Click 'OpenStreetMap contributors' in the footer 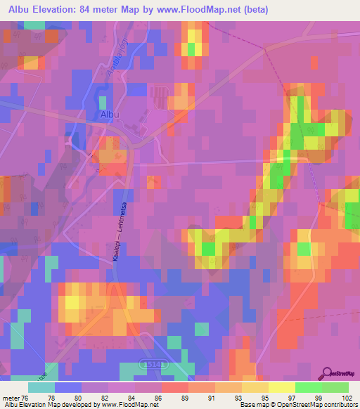tap(324, 405)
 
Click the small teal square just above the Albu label tap(103, 103)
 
